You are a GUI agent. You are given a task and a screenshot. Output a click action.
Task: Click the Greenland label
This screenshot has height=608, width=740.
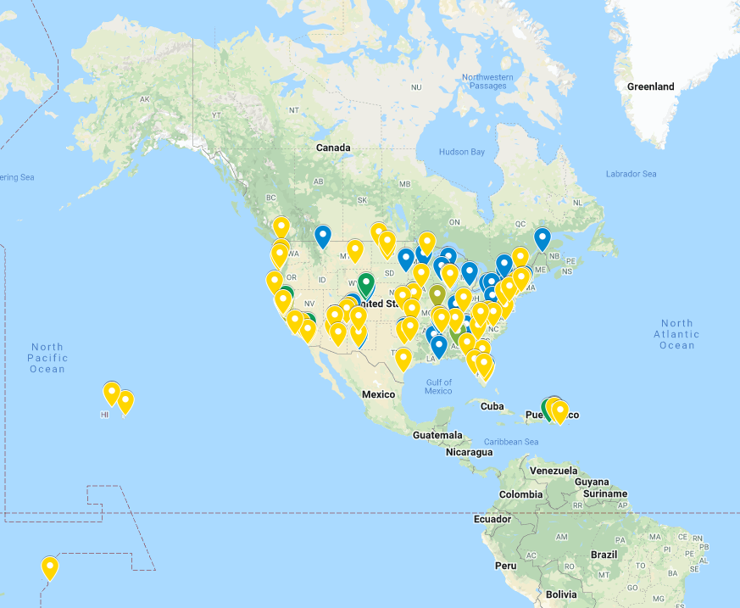[650, 86]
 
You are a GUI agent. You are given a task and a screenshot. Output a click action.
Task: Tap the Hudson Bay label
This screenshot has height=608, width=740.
[461, 152]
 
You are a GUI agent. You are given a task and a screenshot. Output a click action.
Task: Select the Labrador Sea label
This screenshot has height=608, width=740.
[631, 174]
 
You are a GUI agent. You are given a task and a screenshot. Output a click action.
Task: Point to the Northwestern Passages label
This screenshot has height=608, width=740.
[487, 81]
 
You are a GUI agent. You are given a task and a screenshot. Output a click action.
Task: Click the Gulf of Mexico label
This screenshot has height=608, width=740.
[438, 386]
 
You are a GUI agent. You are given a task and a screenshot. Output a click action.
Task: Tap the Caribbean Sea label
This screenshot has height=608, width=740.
[511, 442]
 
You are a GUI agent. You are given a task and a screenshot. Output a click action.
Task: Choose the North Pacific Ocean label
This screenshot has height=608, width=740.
[47, 358]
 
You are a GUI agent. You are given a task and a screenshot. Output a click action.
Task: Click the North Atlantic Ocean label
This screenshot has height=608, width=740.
[676, 334]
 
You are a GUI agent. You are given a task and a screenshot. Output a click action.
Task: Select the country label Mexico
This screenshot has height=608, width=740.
[378, 394]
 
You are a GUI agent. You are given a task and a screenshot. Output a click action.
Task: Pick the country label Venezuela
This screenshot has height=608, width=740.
[553, 471]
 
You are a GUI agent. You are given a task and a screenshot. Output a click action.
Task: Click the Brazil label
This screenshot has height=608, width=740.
[604, 554]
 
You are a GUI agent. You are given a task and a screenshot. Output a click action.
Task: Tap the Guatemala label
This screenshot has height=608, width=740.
[437, 435]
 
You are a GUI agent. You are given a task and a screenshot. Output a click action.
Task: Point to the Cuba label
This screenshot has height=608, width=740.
[492, 406]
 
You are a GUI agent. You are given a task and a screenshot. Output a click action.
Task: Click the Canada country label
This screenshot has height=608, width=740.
[333, 148]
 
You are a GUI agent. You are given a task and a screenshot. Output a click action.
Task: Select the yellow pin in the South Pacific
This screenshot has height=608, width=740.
[50, 567]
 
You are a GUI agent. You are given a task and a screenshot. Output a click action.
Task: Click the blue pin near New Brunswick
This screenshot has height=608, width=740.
[542, 239]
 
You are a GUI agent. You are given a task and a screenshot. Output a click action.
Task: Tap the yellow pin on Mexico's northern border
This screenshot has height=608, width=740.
[403, 359]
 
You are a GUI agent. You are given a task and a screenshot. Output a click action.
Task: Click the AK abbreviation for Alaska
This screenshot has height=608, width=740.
[145, 100]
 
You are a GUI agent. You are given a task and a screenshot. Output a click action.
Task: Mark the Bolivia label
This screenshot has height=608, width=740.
[560, 594]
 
